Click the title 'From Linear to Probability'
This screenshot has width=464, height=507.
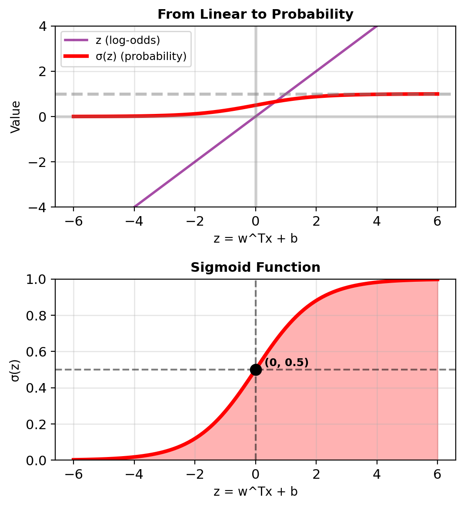point(255,14)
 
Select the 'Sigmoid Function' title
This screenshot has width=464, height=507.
point(255,267)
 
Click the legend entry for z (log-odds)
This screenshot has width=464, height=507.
point(127,40)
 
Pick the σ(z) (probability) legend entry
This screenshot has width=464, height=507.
point(140,57)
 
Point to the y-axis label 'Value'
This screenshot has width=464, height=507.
point(16,117)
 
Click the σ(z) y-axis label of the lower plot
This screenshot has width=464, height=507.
point(16,370)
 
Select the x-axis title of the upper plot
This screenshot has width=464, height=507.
point(255,239)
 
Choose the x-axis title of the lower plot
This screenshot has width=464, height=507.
point(255,492)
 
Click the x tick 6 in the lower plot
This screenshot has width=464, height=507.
point(437,474)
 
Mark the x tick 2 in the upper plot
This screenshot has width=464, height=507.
point(316,221)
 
